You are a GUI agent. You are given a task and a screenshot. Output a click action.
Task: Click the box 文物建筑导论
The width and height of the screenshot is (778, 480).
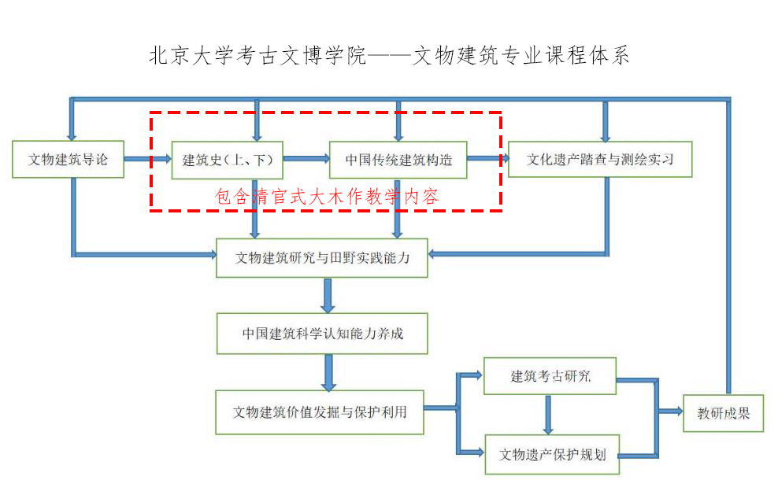coord(69,160)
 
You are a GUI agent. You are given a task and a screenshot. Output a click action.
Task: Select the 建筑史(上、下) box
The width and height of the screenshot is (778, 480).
coord(228,160)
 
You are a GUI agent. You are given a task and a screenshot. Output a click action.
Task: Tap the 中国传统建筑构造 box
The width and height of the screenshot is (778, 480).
coord(398,160)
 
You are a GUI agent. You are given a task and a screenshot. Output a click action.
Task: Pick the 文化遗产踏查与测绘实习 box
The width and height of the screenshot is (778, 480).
coord(599,160)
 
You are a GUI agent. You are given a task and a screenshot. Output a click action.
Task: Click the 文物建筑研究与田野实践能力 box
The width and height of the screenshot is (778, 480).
coord(322,257)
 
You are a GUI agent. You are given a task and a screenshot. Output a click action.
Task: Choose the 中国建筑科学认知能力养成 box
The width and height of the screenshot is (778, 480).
coord(322,333)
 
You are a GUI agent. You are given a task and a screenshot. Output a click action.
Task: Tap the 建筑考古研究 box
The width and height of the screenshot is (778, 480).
coord(550,376)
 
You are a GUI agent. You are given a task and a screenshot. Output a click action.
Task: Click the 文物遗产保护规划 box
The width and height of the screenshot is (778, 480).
coord(551,454)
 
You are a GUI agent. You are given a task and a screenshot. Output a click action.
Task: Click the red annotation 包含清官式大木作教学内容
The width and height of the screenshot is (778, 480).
coord(327,197)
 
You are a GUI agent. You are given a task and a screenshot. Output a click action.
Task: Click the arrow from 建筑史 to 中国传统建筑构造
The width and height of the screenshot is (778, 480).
coord(306,159)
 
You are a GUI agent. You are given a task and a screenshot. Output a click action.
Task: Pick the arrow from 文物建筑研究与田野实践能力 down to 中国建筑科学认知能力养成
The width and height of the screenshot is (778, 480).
coord(328,295)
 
